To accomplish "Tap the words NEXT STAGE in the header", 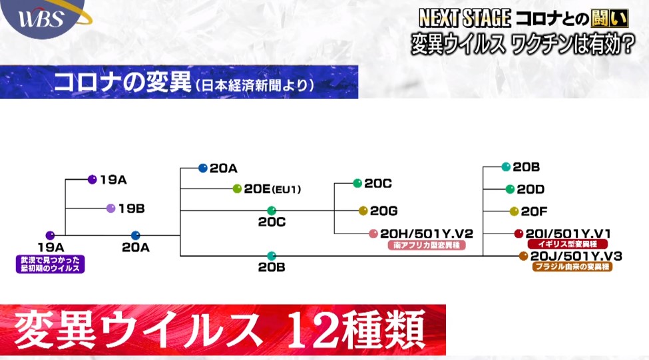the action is [x=465, y=18].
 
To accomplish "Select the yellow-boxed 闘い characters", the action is [x=610, y=18].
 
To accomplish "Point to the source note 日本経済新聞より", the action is [x=254, y=85].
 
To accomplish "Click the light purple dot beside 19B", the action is [x=110, y=208].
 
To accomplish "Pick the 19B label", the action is [x=132, y=208].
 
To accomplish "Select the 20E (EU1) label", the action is [x=272, y=189].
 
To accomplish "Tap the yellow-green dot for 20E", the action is [x=237, y=189].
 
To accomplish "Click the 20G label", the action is [x=383, y=211].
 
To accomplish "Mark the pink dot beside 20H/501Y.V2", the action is [x=373, y=234].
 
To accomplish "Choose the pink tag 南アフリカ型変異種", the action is [x=427, y=246].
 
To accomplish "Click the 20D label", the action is [x=531, y=190].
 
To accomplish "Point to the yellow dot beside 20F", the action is [x=514, y=212].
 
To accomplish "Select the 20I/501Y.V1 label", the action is [x=568, y=234].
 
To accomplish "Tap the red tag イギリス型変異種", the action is [x=568, y=244].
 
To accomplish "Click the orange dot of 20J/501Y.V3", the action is [x=524, y=256].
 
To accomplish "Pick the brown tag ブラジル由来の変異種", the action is [x=572, y=267].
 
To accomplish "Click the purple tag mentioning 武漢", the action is [x=51, y=264].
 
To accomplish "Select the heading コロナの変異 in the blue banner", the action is [x=122, y=82].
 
